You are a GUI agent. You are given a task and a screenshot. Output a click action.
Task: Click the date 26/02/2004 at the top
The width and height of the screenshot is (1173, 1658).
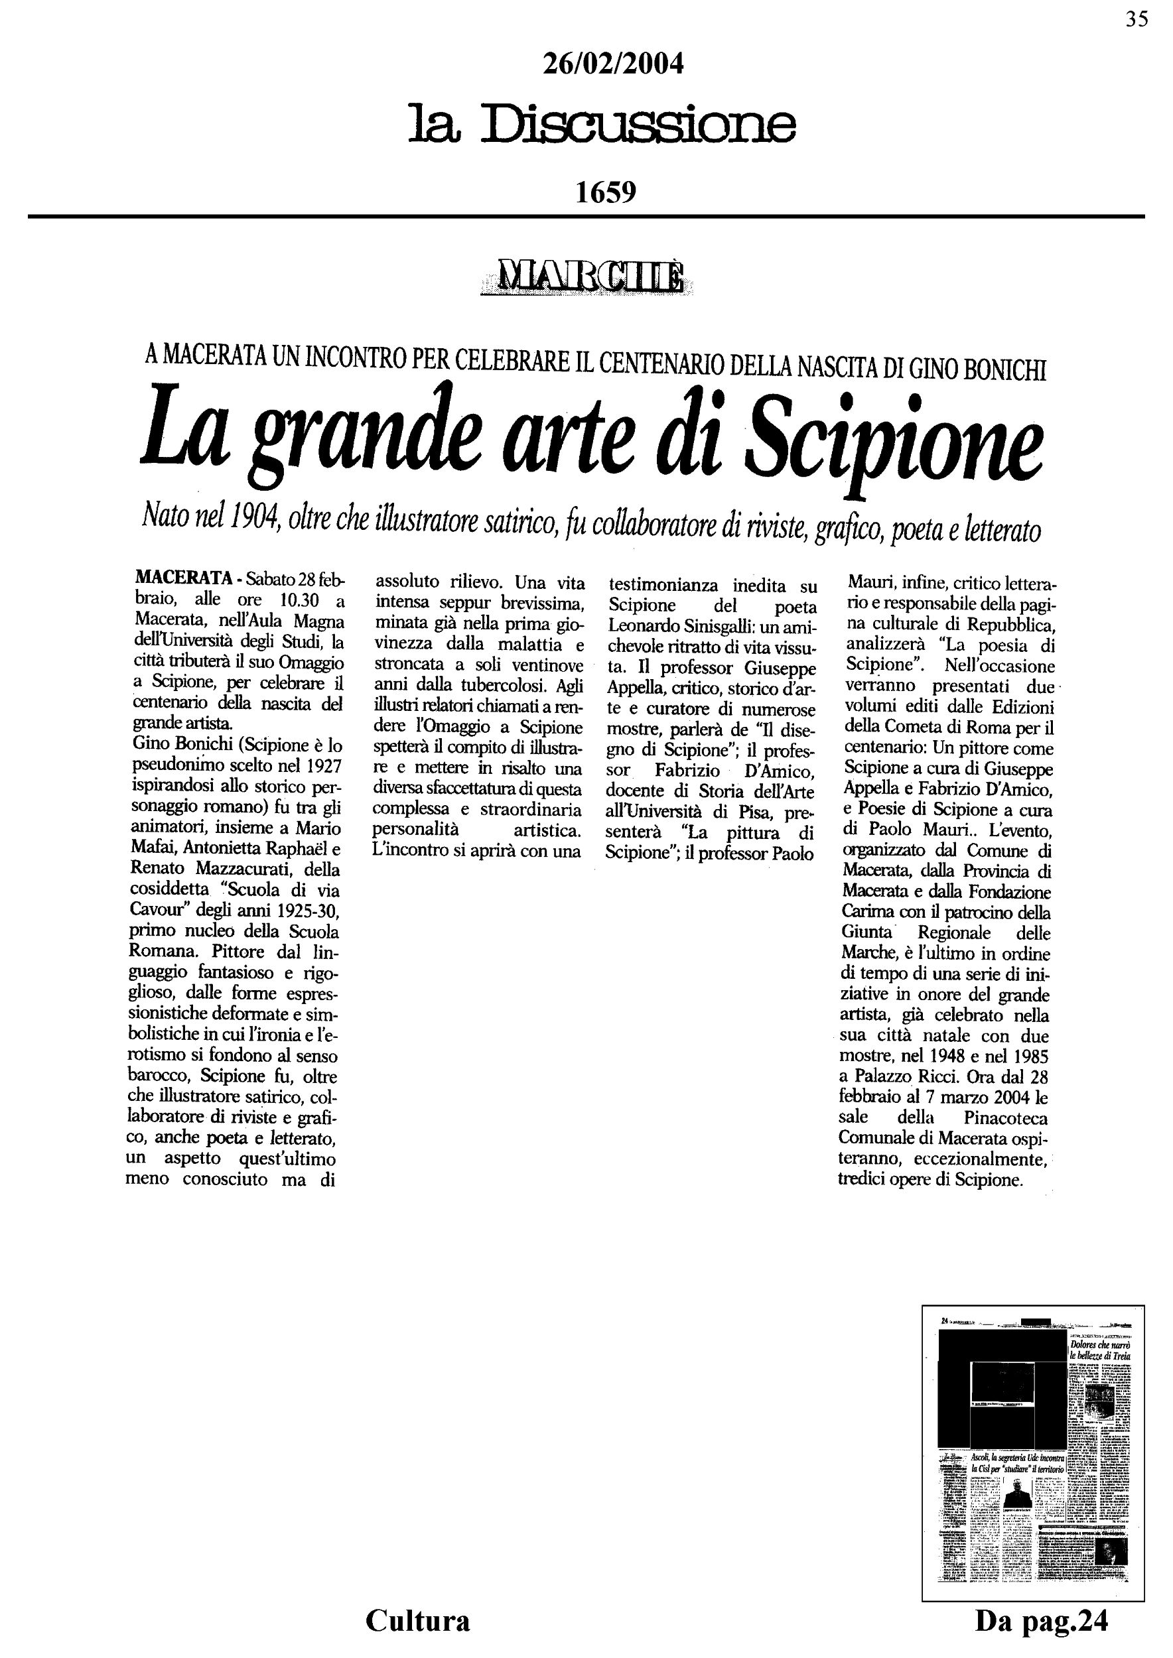click(x=612, y=65)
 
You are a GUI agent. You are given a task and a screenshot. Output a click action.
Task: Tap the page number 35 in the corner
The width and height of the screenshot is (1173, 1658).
click(x=1136, y=19)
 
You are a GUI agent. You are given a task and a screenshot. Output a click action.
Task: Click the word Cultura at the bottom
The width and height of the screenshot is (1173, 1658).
click(x=417, y=1620)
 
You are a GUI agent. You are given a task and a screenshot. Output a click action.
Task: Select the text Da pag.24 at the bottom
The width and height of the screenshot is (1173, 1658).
click(x=1041, y=1621)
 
